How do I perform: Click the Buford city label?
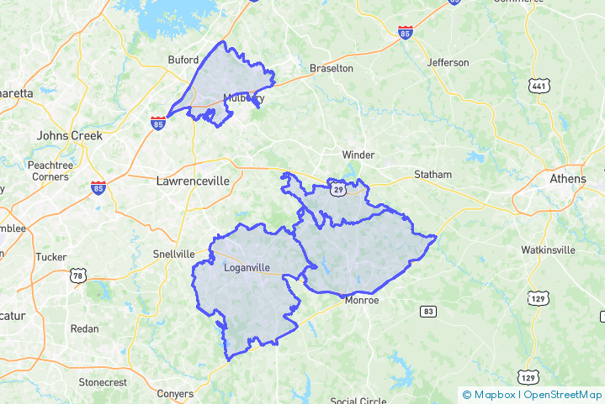click(x=183, y=60)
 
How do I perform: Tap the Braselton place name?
click(x=332, y=68)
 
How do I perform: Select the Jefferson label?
click(x=448, y=62)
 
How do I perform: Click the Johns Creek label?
click(x=69, y=135)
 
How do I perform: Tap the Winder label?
click(x=358, y=155)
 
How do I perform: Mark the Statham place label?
click(x=433, y=175)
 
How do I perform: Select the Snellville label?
click(x=173, y=254)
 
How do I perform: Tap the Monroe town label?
click(x=362, y=300)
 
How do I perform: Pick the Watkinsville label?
click(x=548, y=249)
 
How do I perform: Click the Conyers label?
click(x=175, y=393)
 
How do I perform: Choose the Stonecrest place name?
click(x=103, y=382)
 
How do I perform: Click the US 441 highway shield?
click(x=539, y=86)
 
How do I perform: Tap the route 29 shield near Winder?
click(x=337, y=191)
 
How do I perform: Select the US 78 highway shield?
click(x=78, y=276)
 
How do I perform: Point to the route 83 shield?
click(x=428, y=312)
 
